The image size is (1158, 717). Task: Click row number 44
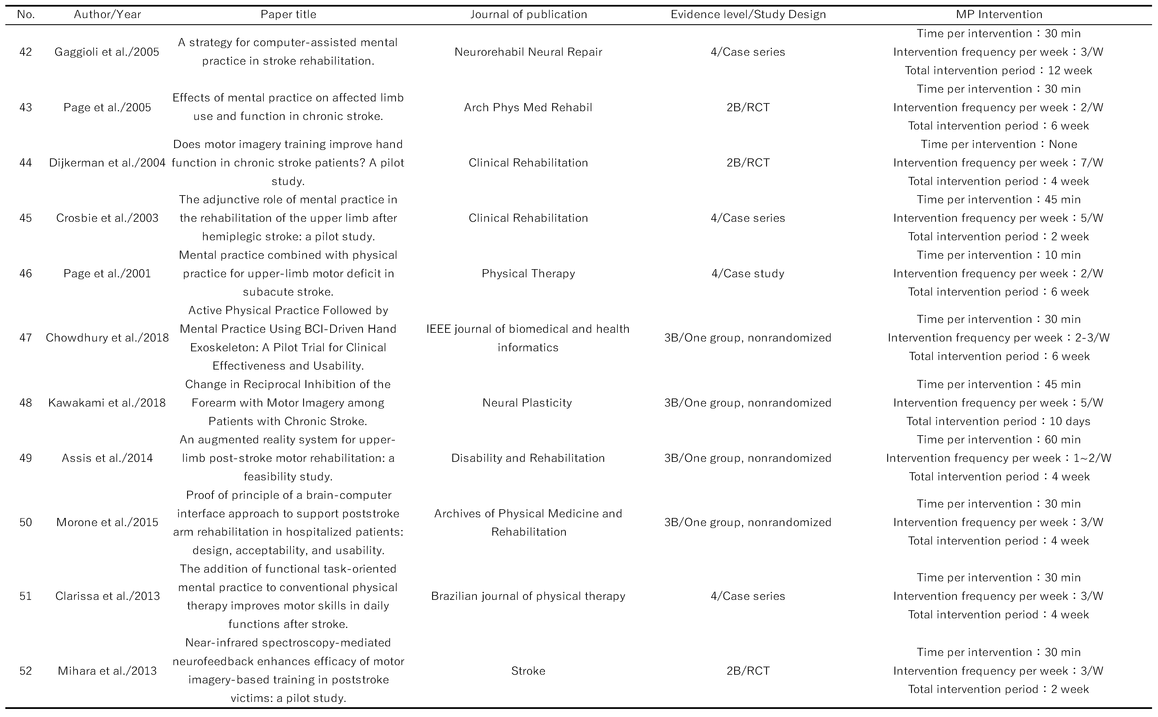tap(26, 163)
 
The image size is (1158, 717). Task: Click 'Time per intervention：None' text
tap(999, 144)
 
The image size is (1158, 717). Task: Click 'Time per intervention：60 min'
tap(999, 440)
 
